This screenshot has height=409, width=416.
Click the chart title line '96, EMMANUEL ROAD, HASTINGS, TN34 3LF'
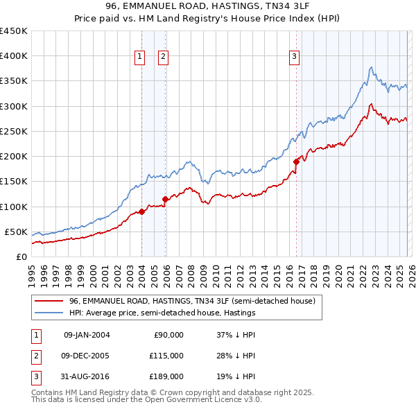tap(207, 7)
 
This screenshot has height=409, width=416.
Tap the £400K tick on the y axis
tap(14, 56)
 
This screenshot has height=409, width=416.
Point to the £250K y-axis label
tap(14, 131)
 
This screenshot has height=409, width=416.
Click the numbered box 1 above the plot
tap(140, 57)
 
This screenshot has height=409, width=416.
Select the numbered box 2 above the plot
tap(163, 57)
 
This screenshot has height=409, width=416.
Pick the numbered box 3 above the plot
tap(294, 57)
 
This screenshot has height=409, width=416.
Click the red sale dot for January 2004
tap(142, 211)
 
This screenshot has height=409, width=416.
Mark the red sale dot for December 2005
tap(165, 199)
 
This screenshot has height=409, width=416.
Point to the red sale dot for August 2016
tap(296, 162)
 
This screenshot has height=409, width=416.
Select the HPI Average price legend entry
tap(162, 313)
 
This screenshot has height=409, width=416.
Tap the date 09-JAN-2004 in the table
tap(86, 334)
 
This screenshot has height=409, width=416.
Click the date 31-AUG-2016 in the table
tap(86, 377)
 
